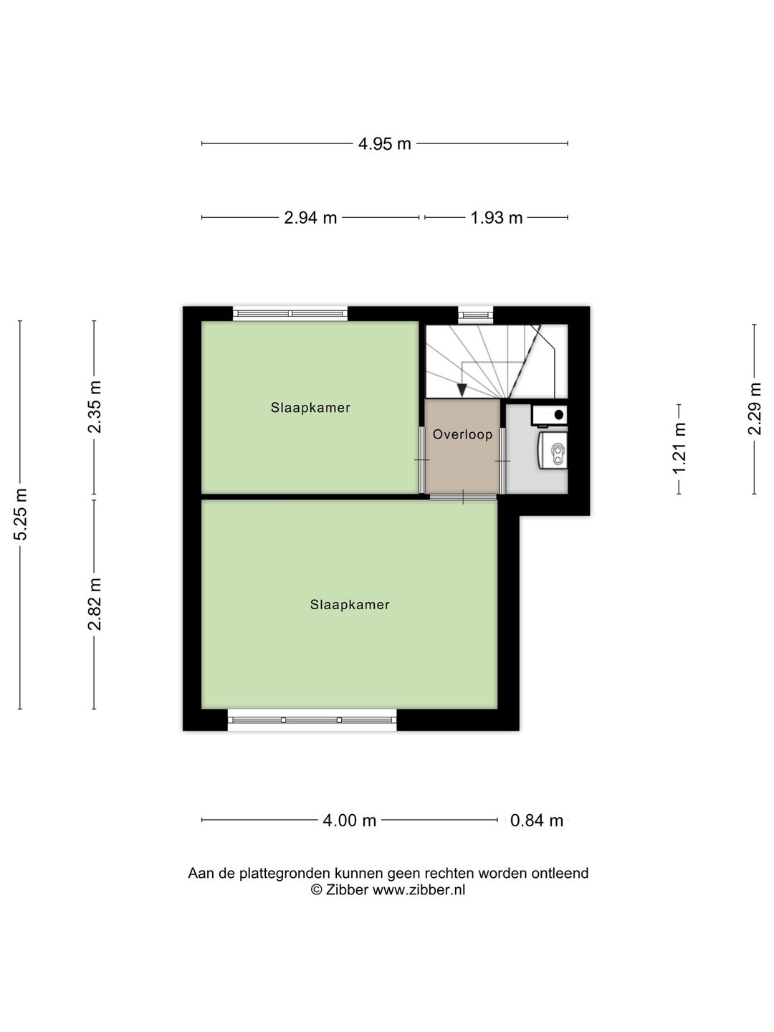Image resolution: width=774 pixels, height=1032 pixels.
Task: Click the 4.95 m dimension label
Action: (385, 144)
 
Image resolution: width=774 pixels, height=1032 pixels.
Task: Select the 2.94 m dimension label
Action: (310, 218)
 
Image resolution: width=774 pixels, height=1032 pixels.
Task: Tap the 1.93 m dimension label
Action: (496, 218)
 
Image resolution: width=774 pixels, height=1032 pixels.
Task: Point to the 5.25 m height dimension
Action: (21, 515)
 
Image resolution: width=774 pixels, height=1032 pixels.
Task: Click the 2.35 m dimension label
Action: (95, 407)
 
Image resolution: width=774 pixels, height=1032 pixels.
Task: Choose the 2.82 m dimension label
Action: (95, 604)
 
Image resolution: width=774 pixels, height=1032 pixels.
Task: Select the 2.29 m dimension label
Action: (755, 408)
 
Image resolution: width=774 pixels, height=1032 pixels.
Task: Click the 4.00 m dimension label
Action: (349, 821)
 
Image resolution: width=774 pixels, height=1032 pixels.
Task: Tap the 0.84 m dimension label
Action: (537, 821)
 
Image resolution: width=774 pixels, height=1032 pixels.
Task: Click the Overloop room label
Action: (462, 434)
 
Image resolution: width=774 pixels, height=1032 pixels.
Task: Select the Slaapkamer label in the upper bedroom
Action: (310, 408)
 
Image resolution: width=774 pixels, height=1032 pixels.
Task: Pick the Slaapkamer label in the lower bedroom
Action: (350, 605)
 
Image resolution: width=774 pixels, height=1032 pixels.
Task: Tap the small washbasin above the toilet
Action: (550, 414)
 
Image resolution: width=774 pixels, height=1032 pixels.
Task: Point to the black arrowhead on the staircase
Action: (462, 390)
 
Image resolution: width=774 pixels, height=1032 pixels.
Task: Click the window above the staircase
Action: (476, 314)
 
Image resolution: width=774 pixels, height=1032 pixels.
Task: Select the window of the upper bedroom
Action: (290, 314)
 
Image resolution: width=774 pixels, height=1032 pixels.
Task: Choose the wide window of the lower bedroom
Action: (312, 720)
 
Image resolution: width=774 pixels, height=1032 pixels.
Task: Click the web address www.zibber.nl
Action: (419, 890)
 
